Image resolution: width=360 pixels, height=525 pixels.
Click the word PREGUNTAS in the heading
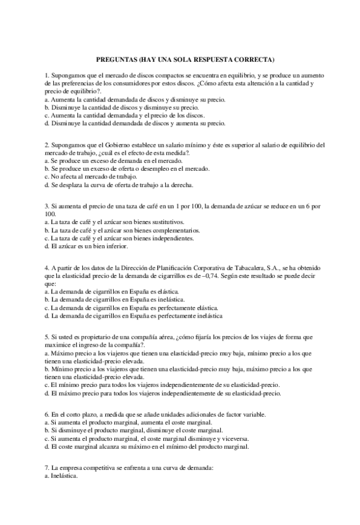coord(116,59)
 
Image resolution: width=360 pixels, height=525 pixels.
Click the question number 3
coord(47,206)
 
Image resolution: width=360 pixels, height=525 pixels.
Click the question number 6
coord(47,414)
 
